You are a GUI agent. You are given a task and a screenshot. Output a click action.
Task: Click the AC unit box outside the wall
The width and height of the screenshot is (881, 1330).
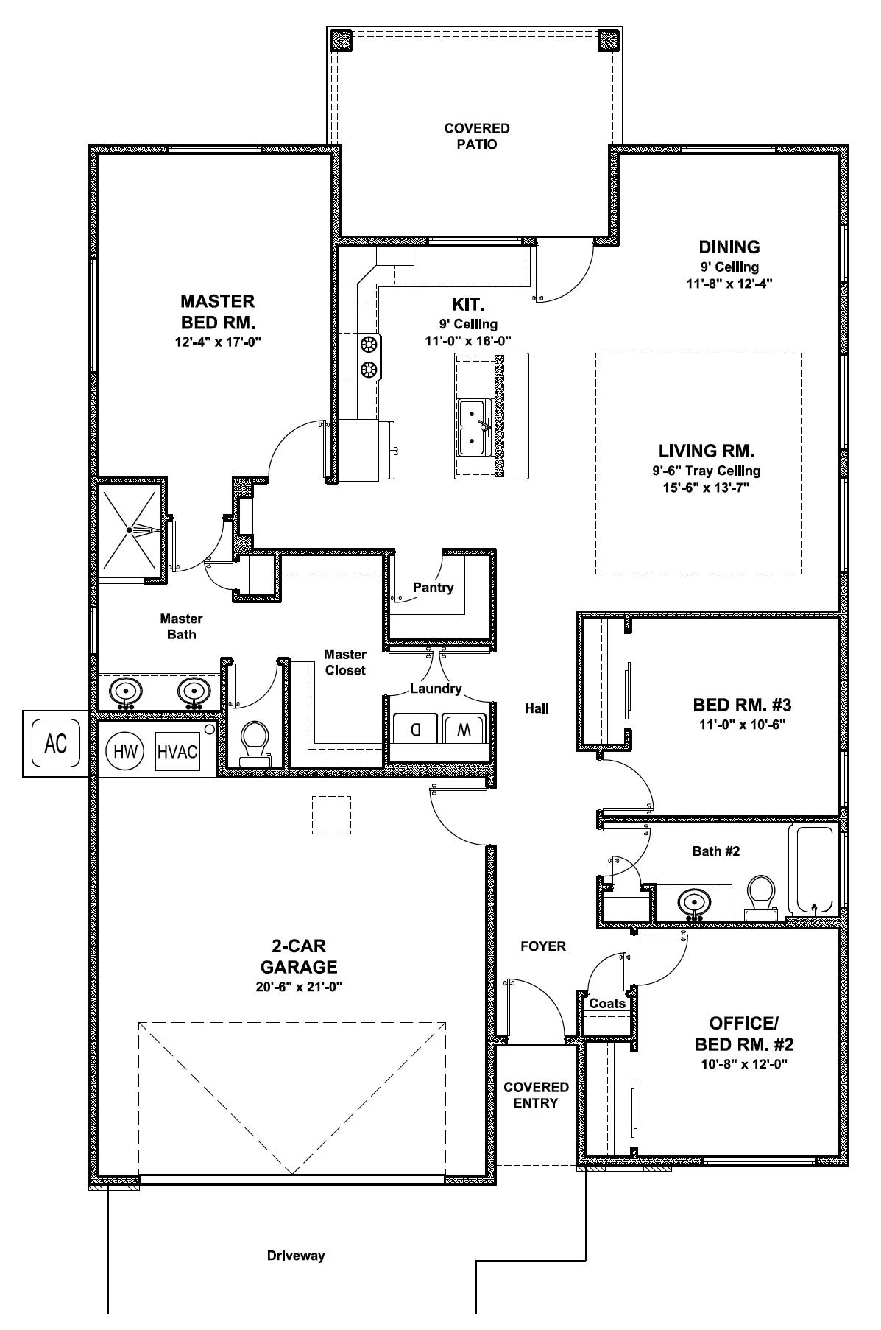coord(56,743)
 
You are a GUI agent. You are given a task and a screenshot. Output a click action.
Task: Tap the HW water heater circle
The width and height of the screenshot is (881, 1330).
coord(123,752)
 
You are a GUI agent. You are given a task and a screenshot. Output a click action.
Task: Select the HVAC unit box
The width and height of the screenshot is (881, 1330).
coord(177,752)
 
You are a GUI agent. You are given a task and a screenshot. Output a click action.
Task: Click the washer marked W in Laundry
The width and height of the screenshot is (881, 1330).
coord(463,729)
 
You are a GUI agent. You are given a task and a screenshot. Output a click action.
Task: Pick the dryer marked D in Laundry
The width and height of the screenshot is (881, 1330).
coord(416,729)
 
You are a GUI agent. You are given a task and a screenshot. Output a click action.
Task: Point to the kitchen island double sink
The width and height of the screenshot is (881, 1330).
coord(472,427)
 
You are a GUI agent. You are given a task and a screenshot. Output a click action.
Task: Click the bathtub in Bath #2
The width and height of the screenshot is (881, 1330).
coord(812,869)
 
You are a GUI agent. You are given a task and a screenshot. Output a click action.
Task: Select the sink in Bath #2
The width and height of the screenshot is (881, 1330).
coord(693,902)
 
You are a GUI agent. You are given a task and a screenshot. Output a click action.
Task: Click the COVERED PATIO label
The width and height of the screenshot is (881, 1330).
coord(476,136)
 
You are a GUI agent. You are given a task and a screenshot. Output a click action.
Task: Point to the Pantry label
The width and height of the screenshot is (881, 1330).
coord(433,588)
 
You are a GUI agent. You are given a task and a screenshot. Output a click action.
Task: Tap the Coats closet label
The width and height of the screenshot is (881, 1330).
coord(607,1003)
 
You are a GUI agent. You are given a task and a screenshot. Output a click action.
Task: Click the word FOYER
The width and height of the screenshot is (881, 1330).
coord(543,946)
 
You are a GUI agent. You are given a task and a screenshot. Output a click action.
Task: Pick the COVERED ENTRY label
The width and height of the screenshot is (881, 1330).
coord(536,1095)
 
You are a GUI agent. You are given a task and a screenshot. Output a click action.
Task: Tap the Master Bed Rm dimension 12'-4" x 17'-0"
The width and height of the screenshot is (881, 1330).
coord(218,342)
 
